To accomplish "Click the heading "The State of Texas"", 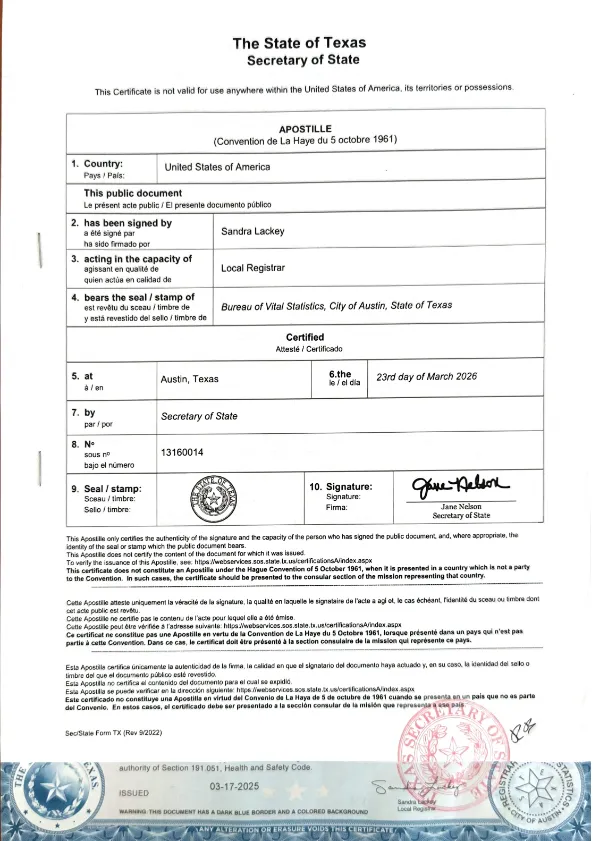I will pyautogui.click(x=299, y=43).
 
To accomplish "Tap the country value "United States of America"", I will pyautogui.click(x=217, y=167).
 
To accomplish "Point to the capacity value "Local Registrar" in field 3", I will pyautogui.click(x=253, y=268).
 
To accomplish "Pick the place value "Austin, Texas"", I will pyautogui.click(x=189, y=378).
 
